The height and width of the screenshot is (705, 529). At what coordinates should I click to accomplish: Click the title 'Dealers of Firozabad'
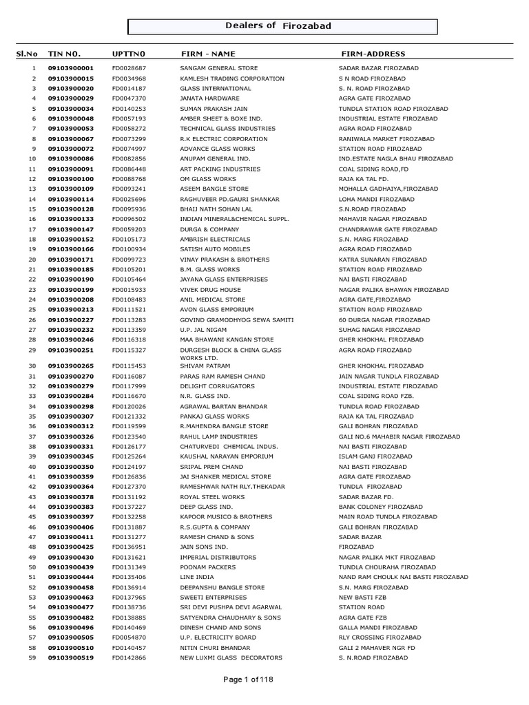(x=278, y=26)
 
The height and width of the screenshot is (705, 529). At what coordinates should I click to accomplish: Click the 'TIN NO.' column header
(x=64, y=54)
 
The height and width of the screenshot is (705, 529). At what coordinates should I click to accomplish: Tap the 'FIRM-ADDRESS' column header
(x=373, y=54)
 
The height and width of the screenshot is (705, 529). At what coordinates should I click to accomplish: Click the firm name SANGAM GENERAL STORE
(x=218, y=69)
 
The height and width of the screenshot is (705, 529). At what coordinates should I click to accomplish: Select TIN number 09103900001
(x=70, y=69)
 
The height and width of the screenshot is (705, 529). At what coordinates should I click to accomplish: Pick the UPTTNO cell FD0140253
(x=129, y=109)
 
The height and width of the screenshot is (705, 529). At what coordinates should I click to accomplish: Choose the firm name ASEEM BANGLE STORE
(x=214, y=189)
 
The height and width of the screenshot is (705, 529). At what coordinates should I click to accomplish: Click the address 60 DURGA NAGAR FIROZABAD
(x=384, y=319)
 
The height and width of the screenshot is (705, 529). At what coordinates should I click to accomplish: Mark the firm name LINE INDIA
(x=196, y=577)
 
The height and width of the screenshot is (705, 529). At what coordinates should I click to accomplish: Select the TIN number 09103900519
(x=70, y=657)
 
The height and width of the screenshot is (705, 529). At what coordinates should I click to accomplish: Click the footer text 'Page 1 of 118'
(x=249, y=680)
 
